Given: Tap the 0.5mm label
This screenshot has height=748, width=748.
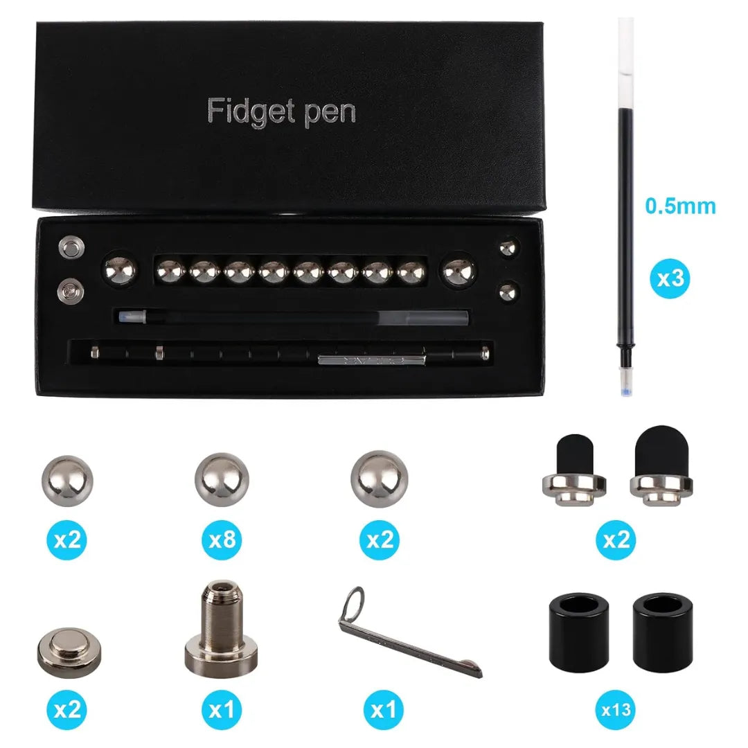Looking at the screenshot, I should [680, 206].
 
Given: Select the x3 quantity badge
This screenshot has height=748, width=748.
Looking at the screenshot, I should [670, 279].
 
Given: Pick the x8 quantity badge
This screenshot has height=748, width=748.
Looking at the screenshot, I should [222, 540].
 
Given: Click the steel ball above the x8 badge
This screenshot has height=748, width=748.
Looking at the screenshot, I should [222, 479].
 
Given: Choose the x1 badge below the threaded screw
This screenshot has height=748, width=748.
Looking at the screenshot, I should [222, 709].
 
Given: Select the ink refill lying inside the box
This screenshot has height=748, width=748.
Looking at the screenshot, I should [291, 319].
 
